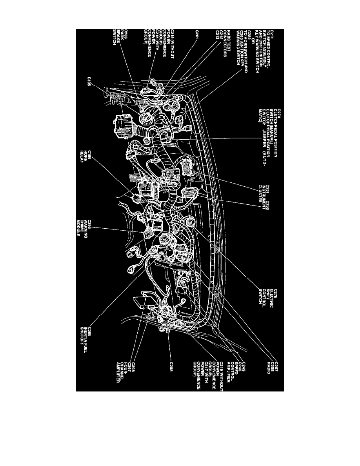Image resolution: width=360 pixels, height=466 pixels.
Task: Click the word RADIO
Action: [269, 367]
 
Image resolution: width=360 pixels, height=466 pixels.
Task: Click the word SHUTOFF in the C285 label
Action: [81, 337]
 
